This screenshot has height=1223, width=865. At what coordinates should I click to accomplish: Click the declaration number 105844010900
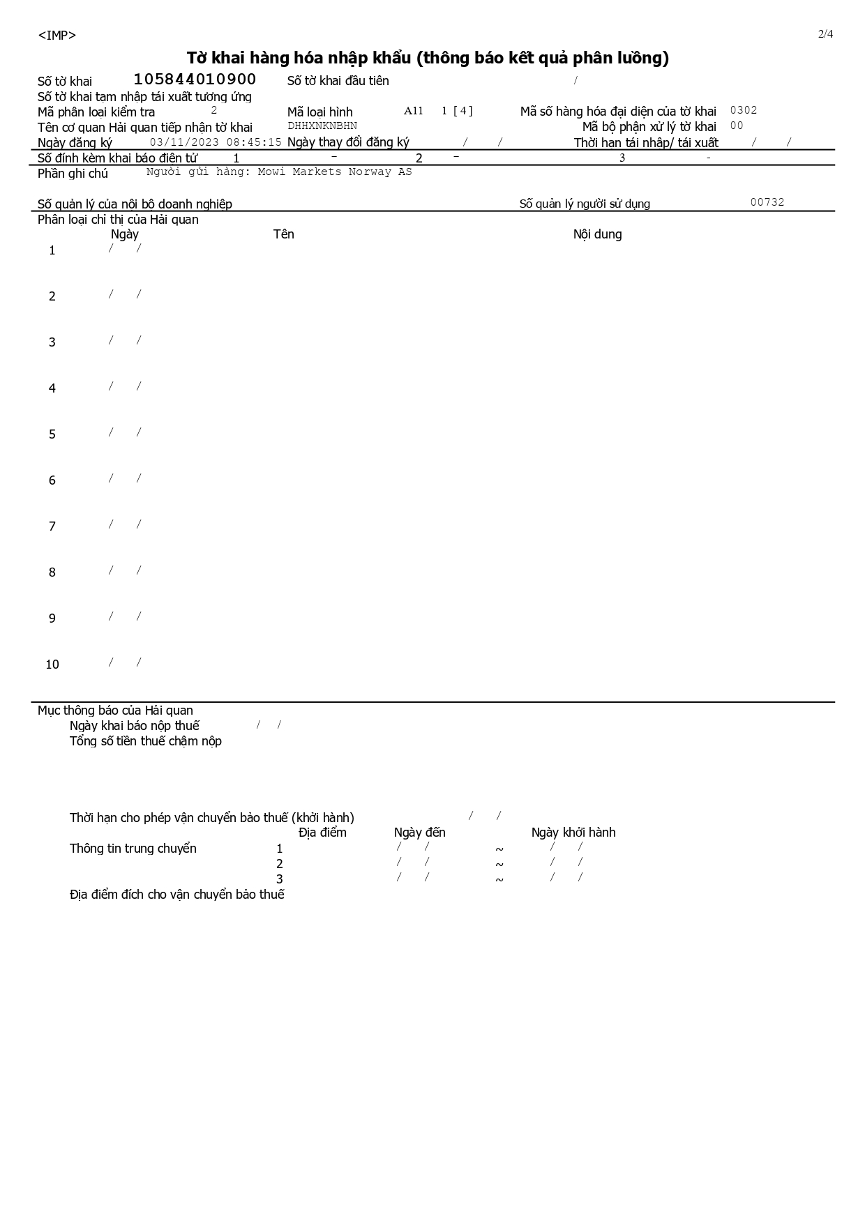pos(195,79)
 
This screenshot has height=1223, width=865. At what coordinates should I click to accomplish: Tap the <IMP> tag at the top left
pos(57,36)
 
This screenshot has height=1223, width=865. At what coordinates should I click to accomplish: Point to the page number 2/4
pos(825,34)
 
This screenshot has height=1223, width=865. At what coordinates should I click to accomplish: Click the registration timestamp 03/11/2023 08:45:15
pos(216,142)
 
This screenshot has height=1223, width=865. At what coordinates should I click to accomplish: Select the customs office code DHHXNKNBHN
pos(322,126)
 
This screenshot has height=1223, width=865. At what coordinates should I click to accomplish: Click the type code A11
pos(414,111)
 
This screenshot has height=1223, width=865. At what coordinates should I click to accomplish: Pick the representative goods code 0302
pos(744,110)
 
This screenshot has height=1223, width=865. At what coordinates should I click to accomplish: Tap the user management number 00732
pos(767,202)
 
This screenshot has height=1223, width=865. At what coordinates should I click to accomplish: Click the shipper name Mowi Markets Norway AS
pos(335,172)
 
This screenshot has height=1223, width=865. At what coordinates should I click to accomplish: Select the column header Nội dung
pos(597,234)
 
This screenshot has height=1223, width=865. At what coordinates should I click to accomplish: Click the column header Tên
pos(283,234)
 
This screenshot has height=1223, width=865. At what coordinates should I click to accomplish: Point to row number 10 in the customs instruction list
pos(52,664)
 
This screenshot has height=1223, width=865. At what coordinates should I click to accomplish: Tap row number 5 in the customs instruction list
pos(52,434)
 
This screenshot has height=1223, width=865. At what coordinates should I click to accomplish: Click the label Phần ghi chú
pos(73,174)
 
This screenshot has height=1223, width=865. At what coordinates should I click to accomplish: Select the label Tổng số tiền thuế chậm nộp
pos(145,741)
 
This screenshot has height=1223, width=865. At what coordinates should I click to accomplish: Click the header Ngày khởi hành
pos(573,833)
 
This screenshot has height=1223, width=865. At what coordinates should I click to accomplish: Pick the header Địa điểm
pos(322,833)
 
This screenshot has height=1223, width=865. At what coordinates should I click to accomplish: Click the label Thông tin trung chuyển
pos(133,849)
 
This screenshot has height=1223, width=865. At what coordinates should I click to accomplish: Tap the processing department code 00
pos(737,126)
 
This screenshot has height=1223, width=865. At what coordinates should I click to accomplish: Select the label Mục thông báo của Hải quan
pos(115,711)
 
